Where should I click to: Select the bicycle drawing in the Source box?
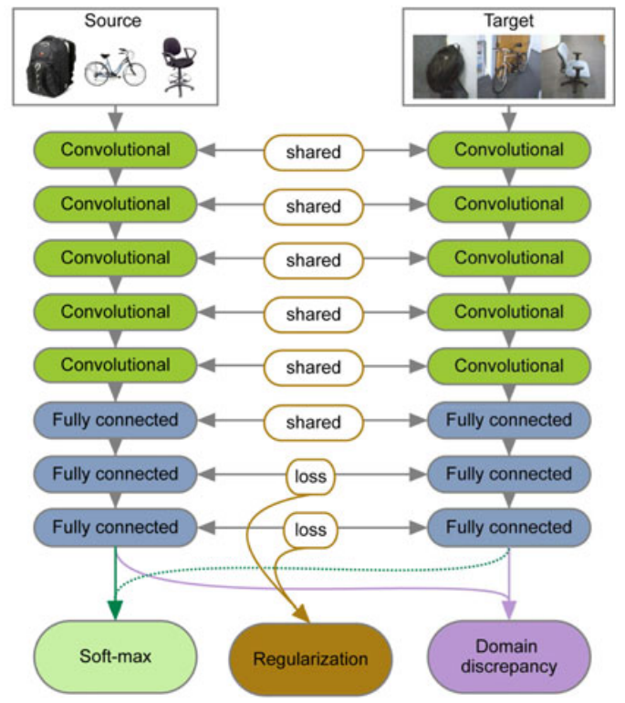[x=115, y=68]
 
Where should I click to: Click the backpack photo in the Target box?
[x=443, y=66]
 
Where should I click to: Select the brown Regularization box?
[x=311, y=659]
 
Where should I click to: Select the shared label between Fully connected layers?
[x=313, y=422]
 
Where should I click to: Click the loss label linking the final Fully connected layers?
[x=310, y=529]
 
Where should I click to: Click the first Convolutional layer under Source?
[x=115, y=150]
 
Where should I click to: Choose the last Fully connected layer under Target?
[x=508, y=527]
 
